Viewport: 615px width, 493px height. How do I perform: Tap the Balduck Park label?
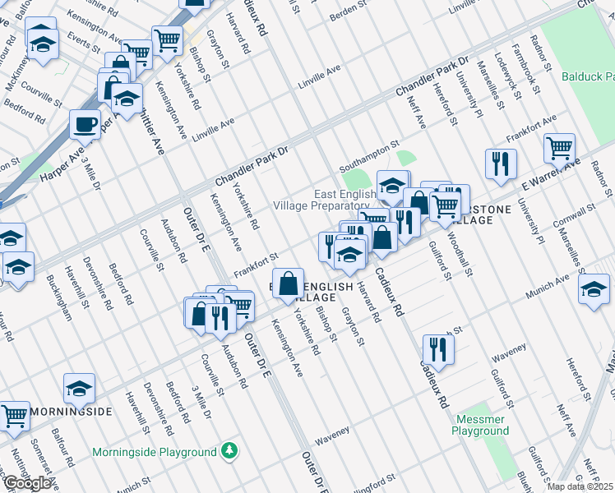click(588, 76)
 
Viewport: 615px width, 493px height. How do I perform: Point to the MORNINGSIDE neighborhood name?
click(69, 411)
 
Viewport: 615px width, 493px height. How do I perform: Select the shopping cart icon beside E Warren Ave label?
click(559, 148)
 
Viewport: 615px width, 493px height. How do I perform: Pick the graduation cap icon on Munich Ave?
click(593, 288)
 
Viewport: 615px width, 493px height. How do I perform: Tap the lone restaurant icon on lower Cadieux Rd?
click(439, 349)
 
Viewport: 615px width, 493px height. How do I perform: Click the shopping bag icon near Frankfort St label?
click(289, 284)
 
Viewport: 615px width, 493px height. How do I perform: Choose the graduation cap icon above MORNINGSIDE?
click(79, 388)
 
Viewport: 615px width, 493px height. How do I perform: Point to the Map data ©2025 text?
click(580, 486)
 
